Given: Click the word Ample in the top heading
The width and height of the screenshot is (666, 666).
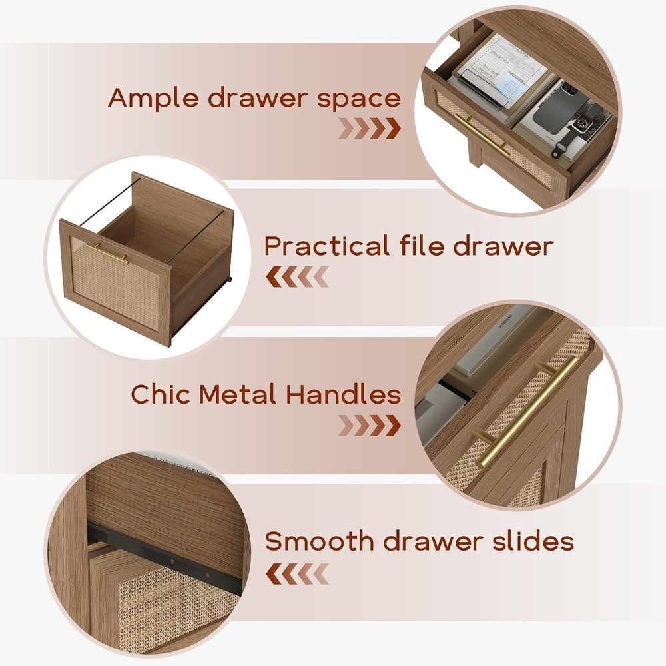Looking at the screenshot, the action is point(153,98).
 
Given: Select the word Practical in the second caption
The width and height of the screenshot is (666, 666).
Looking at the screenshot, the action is point(326,246).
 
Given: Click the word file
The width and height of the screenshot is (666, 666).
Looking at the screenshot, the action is point(420,246).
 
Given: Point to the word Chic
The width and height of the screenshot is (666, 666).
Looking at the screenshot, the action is point(161,394).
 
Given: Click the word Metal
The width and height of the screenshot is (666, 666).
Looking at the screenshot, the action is point(238,394).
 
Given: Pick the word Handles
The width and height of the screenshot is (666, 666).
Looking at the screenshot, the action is point(343,394).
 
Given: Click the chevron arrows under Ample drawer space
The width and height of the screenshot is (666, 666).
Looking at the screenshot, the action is point(370,129).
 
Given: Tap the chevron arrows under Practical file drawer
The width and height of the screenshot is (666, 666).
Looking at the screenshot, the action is point(297,277).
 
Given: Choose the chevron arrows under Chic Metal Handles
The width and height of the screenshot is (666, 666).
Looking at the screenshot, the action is point(370,426).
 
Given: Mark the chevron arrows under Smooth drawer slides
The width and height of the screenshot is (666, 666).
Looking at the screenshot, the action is point(297,574).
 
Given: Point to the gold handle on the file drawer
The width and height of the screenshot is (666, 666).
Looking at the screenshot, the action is point(107,254).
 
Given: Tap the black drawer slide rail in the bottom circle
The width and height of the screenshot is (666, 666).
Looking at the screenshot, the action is point(164,557).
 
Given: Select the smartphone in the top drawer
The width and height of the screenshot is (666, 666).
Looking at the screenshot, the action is point(560,106).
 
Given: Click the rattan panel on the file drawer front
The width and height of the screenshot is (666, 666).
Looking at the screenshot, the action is point(115,284).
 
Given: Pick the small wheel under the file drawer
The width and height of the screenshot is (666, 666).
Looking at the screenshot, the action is point(230,280).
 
